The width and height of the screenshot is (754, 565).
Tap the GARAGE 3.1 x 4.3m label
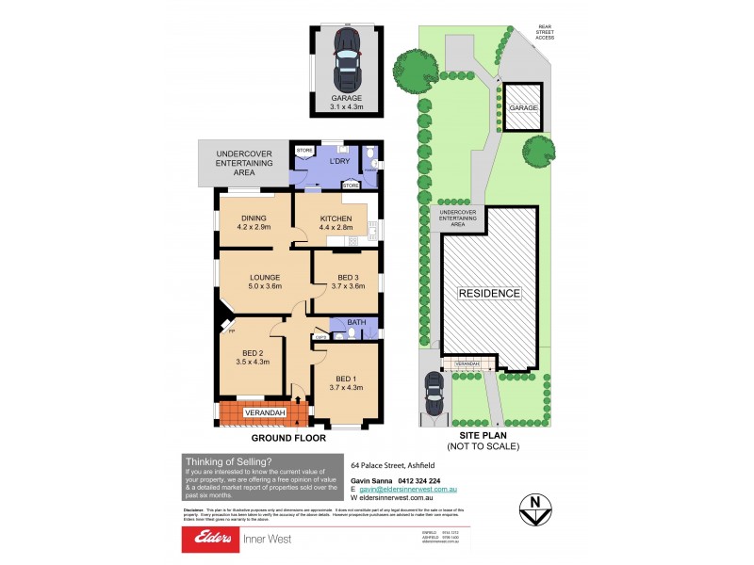coord(346,102)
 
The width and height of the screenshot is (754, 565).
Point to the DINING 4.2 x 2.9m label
coord(254,222)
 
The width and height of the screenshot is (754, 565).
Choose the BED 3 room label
coord(347,282)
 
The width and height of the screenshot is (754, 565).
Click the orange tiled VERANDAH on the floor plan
coord(259,412)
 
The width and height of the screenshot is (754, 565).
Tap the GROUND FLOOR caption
coord(288,438)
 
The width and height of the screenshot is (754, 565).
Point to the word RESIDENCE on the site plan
coord(489,293)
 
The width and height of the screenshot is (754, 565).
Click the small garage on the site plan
coord(523,108)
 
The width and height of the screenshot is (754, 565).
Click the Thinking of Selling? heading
coord(229,461)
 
